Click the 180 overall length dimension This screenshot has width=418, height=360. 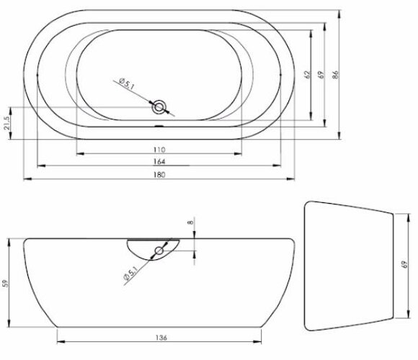tap(159, 175)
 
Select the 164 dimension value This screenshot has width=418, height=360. tap(159, 161)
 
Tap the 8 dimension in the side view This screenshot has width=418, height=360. tap(191, 222)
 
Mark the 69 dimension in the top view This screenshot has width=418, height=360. tap(321, 75)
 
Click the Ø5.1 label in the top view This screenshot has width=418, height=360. tap(127, 89)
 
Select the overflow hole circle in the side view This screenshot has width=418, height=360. tap(158, 251)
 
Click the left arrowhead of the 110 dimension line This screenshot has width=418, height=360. tap(79, 153)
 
